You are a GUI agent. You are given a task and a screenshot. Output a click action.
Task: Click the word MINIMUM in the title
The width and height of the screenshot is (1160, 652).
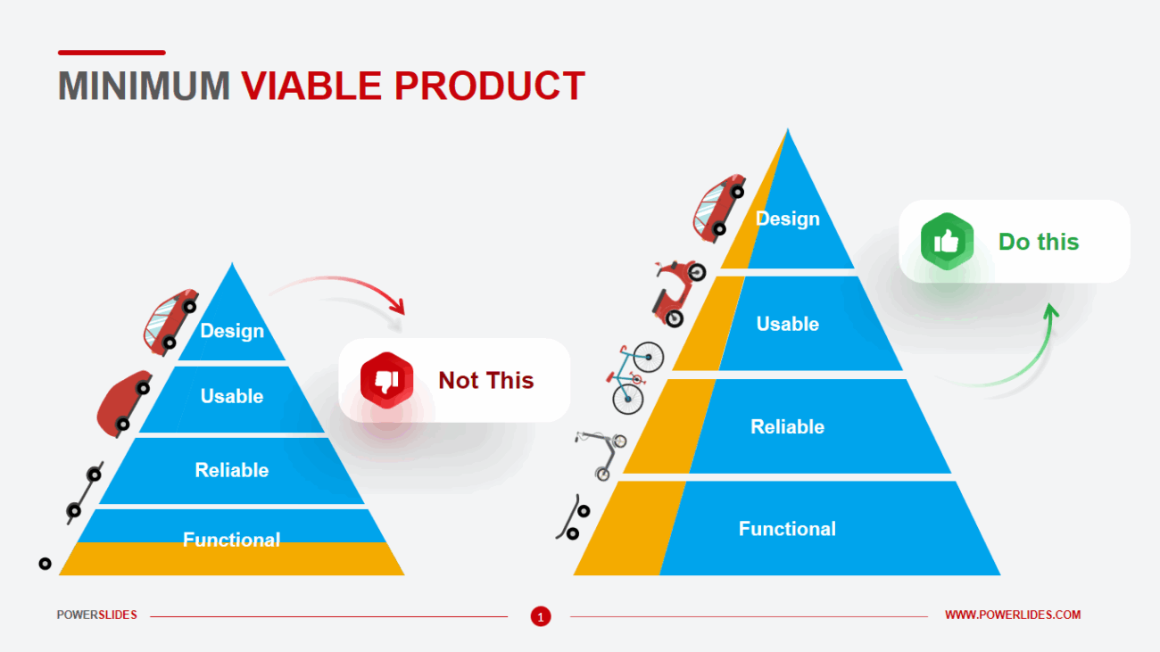(x=144, y=86)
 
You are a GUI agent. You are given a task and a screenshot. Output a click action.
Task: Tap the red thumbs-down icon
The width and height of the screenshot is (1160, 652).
(x=386, y=381)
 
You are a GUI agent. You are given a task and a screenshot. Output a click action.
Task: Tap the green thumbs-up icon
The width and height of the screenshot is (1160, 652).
(x=947, y=242)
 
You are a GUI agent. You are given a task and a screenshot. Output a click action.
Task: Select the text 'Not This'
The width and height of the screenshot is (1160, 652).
(x=485, y=381)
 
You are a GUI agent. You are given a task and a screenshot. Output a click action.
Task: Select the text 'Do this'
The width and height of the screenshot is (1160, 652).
(x=1038, y=242)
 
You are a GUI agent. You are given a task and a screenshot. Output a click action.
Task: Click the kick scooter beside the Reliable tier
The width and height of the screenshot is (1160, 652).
(x=601, y=453)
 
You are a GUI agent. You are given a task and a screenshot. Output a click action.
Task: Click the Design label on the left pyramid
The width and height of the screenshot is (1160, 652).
(x=232, y=331)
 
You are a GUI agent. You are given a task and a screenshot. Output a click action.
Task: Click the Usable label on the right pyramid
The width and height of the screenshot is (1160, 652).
(x=787, y=324)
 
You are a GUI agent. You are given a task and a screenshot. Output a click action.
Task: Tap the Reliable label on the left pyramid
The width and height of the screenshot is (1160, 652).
(x=232, y=470)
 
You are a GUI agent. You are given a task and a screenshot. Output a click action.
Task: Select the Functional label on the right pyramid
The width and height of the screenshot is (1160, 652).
(x=787, y=529)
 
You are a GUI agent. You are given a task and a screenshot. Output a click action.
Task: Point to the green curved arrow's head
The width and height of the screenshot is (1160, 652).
(x=1052, y=311)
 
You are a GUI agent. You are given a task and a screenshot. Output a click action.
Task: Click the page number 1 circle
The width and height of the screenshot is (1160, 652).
(x=541, y=616)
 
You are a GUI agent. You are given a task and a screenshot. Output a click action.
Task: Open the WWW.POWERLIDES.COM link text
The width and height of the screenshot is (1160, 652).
(x=1012, y=615)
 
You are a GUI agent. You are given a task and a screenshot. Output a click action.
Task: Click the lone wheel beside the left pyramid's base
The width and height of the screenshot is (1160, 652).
(x=45, y=564)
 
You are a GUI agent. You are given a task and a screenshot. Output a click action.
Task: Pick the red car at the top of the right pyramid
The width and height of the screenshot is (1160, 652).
(x=718, y=207)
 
